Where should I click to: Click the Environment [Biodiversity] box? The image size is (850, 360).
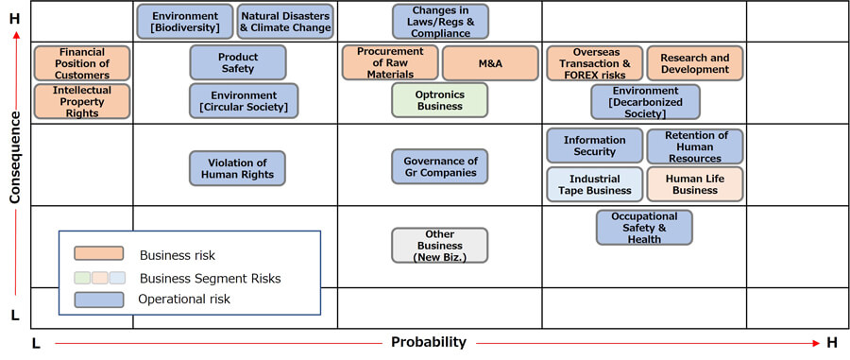coord(185,22)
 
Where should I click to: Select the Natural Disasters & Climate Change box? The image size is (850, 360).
coord(285,22)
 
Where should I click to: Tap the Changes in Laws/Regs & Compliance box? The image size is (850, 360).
coord(440,22)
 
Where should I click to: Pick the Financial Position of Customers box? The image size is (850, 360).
coord(82,63)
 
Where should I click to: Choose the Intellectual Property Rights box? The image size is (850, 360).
coord(82,101)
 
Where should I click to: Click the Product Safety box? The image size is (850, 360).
coord(238,62)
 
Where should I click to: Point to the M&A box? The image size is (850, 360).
coord(490,63)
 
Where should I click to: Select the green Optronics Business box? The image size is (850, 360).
coord(439,100)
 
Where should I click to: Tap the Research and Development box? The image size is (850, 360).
coord(695,63)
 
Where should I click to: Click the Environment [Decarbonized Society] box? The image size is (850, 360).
coord(645,101)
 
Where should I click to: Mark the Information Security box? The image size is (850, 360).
coord(595,146)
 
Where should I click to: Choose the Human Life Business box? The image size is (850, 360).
coord(695,184)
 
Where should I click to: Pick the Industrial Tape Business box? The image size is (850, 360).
coord(595,184)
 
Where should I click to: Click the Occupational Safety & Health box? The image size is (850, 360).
coord(644,227)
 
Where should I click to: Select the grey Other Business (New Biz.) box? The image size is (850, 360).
coord(439,245)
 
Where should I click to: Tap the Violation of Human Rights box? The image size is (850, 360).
coord(237,168)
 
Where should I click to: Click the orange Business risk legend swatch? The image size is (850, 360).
coord(98,253)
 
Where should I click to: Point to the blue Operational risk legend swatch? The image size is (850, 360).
coord(98,300)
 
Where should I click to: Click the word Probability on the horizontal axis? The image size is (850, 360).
coord(428,342)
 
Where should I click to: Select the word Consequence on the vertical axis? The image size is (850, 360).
coord(14,157)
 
